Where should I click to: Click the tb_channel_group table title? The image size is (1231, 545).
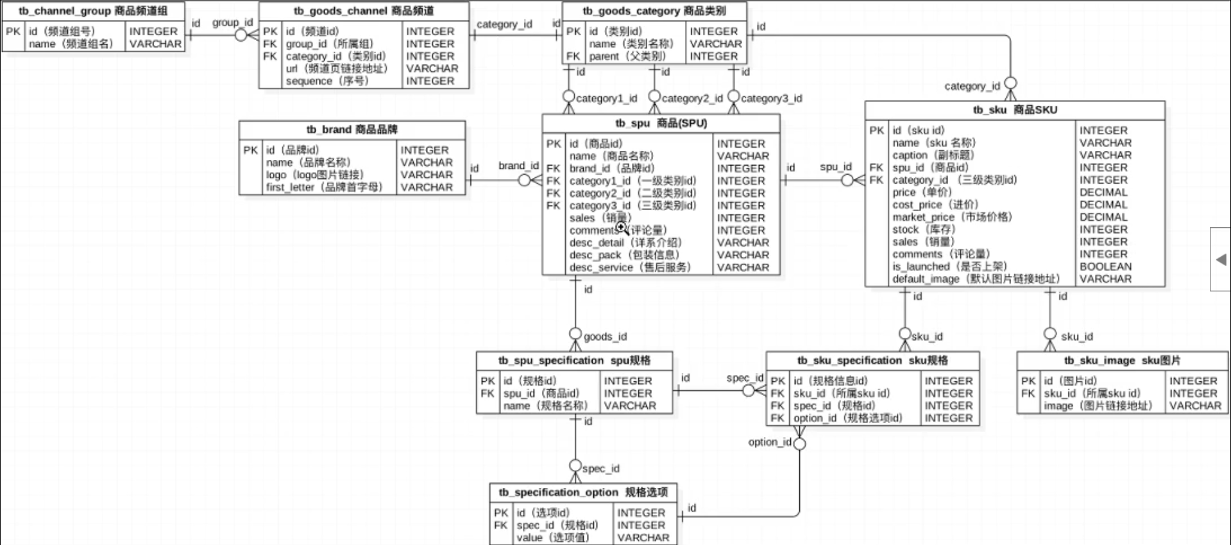(x=93, y=11)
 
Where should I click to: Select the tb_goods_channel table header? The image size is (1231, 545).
(x=364, y=11)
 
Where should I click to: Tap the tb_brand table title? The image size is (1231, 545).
(x=352, y=130)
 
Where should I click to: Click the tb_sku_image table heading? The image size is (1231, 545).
(x=1122, y=361)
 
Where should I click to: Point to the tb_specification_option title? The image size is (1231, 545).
(x=583, y=492)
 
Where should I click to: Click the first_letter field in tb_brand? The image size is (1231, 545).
(x=324, y=187)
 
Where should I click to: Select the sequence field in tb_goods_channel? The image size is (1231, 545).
(x=327, y=81)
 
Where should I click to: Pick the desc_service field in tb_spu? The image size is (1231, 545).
(x=629, y=267)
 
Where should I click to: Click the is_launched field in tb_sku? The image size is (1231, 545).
(x=949, y=266)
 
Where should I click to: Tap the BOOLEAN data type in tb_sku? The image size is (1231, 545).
(x=1105, y=266)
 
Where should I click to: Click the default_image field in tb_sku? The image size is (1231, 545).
(x=975, y=279)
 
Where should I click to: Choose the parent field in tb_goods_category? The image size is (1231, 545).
(x=627, y=56)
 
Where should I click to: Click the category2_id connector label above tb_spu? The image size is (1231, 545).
(x=692, y=98)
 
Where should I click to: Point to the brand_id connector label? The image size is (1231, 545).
(x=518, y=166)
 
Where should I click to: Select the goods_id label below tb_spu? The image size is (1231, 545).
(x=605, y=336)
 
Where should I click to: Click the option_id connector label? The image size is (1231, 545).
(x=769, y=442)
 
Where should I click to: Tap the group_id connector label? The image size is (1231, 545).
(x=232, y=22)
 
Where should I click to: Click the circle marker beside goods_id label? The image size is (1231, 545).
(x=575, y=334)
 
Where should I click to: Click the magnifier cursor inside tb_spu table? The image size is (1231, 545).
(x=622, y=227)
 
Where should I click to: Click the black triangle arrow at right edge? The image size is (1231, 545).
(x=1221, y=259)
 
